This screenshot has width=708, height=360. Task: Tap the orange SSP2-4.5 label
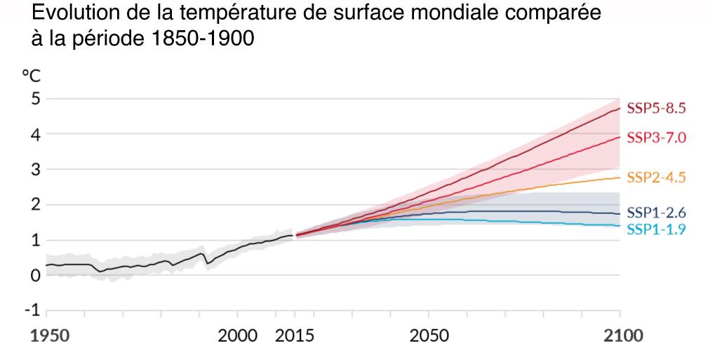click(x=655, y=178)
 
